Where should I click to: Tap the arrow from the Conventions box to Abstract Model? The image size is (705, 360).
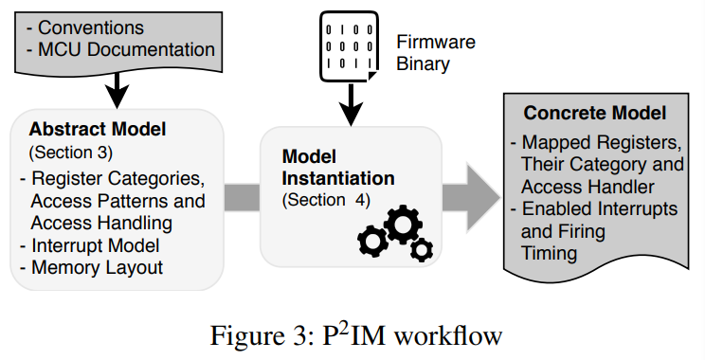pyautogui.click(x=116, y=88)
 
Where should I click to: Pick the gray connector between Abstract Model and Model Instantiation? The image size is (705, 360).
pyautogui.click(x=242, y=196)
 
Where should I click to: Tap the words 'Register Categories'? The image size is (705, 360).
pyautogui.click(x=117, y=177)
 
